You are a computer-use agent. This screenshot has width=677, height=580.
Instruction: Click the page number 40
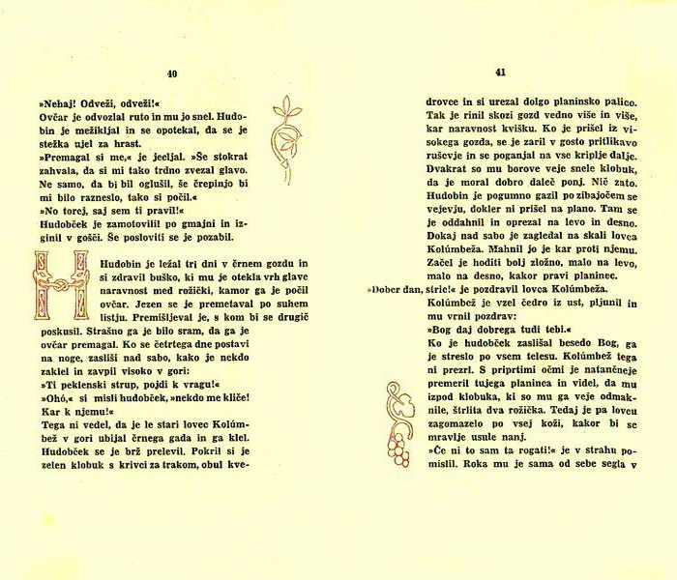click(x=172, y=73)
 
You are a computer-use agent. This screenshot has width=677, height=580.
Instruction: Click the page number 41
click(x=500, y=72)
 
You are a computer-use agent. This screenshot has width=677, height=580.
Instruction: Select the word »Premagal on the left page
click(x=63, y=154)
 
